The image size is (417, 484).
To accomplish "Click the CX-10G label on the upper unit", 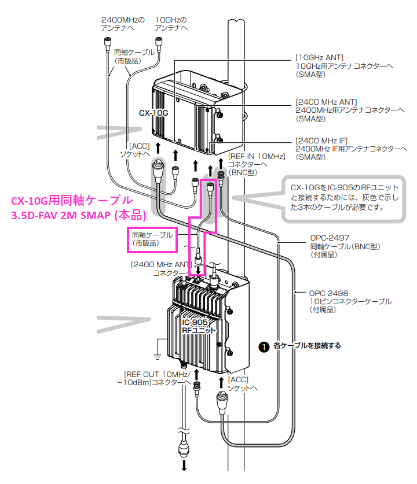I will pyautogui.click(x=153, y=113).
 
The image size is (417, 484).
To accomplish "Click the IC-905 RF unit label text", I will pyautogui.click(x=199, y=326).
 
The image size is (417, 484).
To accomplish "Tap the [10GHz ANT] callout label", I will pyautogui.click(x=320, y=57).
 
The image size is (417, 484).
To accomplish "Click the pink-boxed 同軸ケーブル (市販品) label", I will pyautogui.click(x=152, y=239).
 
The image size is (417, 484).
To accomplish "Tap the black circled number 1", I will pyautogui.click(x=264, y=346).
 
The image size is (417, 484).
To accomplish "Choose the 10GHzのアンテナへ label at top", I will pyautogui.click(x=171, y=23).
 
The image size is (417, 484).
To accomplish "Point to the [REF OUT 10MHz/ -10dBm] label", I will pyautogui.click(x=156, y=378).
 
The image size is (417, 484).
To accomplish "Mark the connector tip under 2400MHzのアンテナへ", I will pyautogui.click(x=107, y=40).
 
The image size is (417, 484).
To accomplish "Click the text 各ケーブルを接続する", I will pyautogui.click(x=307, y=346).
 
